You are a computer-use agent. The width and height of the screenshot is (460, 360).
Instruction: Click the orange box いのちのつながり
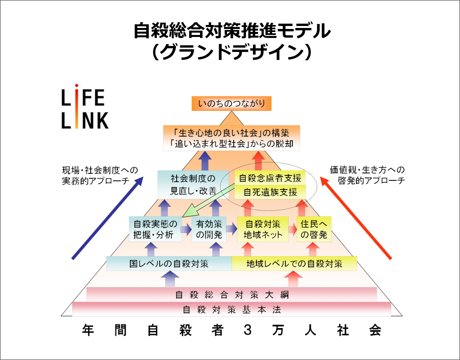pyautogui.click(x=232, y=104)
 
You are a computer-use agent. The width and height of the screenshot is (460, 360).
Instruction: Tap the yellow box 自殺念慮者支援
pyautogui.click(x=270, y=178)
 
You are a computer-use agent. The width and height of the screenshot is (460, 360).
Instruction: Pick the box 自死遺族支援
pyautogui.click(x=270, y=192)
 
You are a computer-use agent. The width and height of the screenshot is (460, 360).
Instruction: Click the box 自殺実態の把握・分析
pyautogui.click(x=155, y=229)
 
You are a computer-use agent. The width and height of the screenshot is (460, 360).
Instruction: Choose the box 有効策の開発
pyautogui.click(x=209, y=229)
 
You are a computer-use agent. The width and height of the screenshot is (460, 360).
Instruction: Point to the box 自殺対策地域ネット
pyautogui.click(x=263, y=229)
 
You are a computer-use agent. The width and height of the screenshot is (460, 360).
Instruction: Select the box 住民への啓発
pyautogui.click(x=314, y=229)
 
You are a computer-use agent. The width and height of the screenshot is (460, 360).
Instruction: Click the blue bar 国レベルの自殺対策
pyautogui.click(x=169, y=264)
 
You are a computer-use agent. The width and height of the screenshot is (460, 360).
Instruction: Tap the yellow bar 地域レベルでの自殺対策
pyautogui.click(x=294, y=264)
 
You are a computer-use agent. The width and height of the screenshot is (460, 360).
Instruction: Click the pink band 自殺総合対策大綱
pyautogui.click(x=232, y=295)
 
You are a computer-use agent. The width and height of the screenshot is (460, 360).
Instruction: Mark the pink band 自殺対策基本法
pyautogui.click(x=232, y=310)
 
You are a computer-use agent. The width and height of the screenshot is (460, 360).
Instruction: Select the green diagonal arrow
pyautogui.click(x=210, y=201)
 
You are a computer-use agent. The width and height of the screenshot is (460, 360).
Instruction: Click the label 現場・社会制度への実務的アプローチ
pyautogui.click(x=100, y=176)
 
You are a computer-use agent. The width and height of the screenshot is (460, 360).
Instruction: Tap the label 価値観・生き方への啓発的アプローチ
pyautogui.click(x=367, y=175)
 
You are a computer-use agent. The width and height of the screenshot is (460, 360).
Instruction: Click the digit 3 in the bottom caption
pyautogui.click(x=247, y=330)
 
